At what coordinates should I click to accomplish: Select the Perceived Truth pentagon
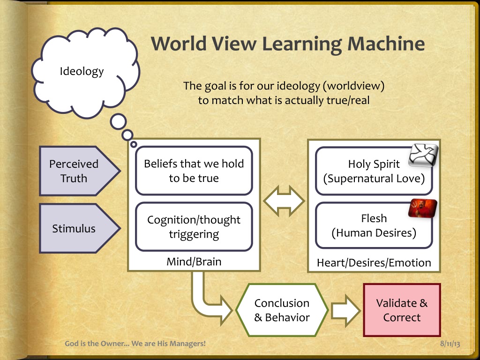pyautogui.click(x=75, y=171)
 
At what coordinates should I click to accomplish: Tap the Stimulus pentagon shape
pyautogui.click(x=75, y=228)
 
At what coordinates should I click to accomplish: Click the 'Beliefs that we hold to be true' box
pyautogui.click(x=194, y=171)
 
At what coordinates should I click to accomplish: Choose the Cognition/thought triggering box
pyautogui.click(x=194, y=227)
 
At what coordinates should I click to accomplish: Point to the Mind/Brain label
pyautogui.click(x=194, y=262)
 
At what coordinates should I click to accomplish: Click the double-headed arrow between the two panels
pyautogui.click(x=284, y=201)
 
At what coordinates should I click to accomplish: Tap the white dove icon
pyautogui.click(x=423, y=155)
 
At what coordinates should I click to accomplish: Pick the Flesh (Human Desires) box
pyautogui.click(x=374, y=225)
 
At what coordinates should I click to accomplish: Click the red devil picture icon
pyautogui.click(x=422, y=208)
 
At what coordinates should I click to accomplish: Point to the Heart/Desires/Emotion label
pyautogui.click(x=374, y=262)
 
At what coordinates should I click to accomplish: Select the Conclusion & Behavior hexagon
pyautogui.click(x=282, y=310)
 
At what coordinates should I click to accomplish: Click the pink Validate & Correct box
pyautogui.click(x=402, y=310)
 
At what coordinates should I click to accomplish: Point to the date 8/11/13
pyautogui.click(x=450, y=344)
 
